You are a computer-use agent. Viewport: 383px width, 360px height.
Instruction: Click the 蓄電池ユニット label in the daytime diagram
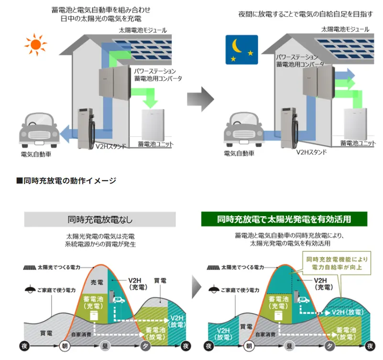[155, 144]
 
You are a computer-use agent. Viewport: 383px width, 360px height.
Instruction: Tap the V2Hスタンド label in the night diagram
[311, 153]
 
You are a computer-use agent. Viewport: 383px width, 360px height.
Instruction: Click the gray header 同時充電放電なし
[100, 219]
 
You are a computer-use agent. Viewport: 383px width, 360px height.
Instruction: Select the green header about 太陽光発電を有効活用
[284, 219]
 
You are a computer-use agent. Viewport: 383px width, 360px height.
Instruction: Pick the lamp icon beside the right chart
[214, 289]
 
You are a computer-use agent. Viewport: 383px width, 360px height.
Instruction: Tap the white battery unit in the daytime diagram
[155, 124]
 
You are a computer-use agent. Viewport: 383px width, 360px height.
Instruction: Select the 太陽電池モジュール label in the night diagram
[345, 29]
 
